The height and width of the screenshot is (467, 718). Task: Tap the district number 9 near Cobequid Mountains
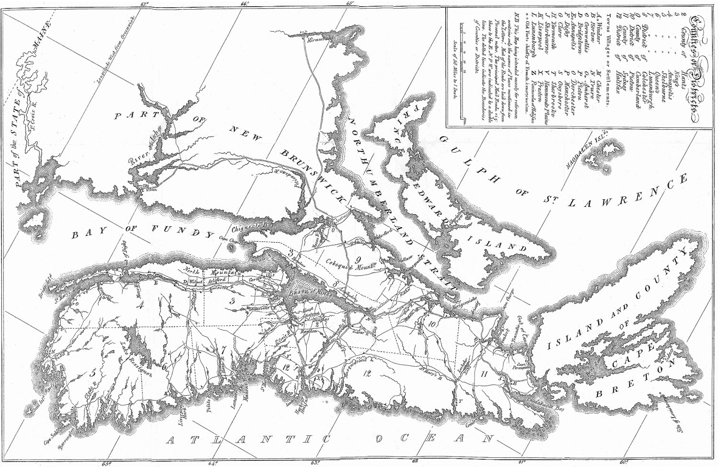tap(358, 260)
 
